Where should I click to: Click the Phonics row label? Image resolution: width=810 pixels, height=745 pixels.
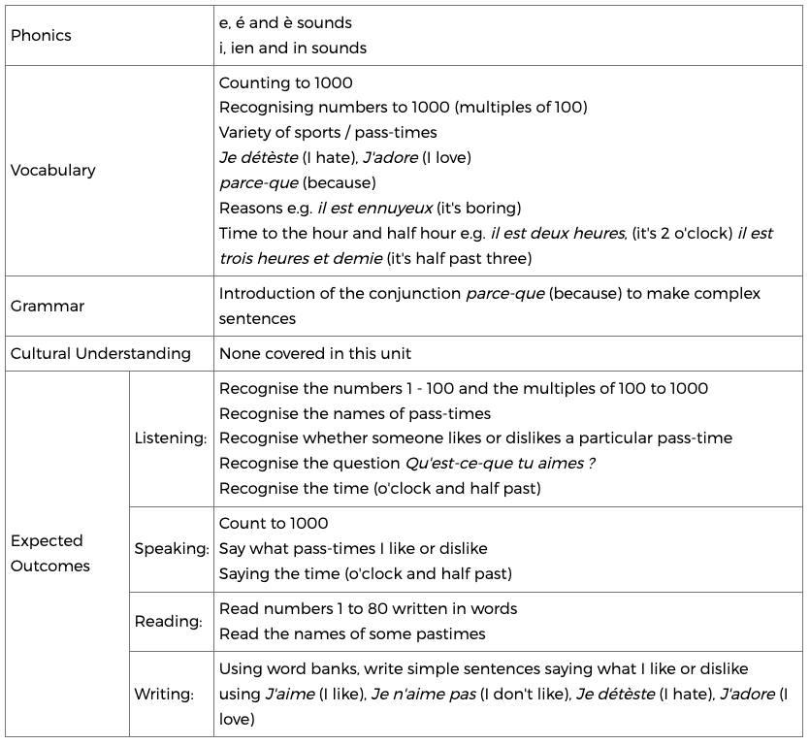click(41, 35)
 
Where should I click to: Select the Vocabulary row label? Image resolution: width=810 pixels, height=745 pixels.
click(52, 170)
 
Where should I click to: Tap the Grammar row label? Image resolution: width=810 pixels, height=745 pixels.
click(48, 306)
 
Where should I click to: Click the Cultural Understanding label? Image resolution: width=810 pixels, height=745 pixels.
click(101, 353)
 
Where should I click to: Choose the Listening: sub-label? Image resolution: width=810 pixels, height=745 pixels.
click(171, 437)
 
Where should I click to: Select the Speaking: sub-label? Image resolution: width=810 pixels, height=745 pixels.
click(172, 548)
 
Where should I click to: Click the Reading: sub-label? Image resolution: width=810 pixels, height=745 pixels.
click(169, 621)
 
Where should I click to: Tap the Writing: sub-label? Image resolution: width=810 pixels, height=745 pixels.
click(164, 694)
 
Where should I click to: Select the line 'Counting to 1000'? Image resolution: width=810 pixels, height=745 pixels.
click(286, 82)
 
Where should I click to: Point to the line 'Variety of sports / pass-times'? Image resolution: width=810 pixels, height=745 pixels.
click(328, 132)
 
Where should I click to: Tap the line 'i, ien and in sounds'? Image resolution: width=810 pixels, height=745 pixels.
click(293, 48)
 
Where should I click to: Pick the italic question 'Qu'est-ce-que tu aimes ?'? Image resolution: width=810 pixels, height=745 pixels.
click(502, 463)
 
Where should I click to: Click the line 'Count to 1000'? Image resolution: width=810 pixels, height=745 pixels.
click(274, 523)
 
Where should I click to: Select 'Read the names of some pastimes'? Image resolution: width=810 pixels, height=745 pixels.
click(352, 633)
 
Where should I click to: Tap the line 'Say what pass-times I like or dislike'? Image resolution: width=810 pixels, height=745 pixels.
click(353, 548)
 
